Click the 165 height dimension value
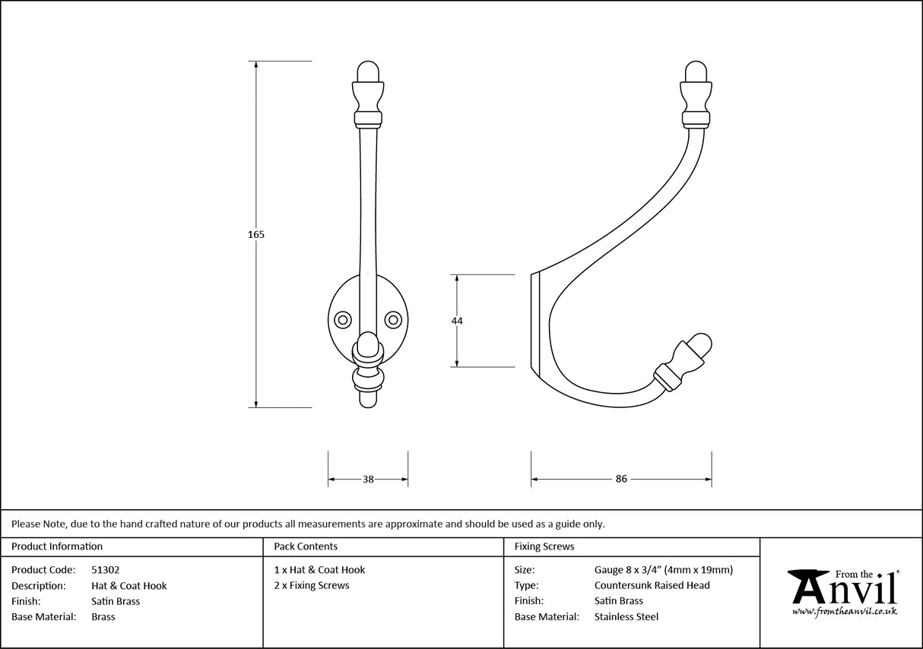(x=256, y=235)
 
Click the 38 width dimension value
(x=368, y=480)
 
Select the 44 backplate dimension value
(x=457, y=321)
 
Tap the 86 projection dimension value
(x=621, y=480)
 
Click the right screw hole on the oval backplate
(x=394, y=319)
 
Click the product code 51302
(x=105, y=570)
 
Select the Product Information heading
(x=57, y=546)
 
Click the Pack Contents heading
(x=306, y=546)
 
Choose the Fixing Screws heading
(x=544, y=546)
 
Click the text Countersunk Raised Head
(x=652, y=585)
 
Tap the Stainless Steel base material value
(x=626, y=617)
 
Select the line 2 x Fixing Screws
(x=312, y=585)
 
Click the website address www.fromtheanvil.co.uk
(x=844, y=611)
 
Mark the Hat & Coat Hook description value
(x=128, y=586)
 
